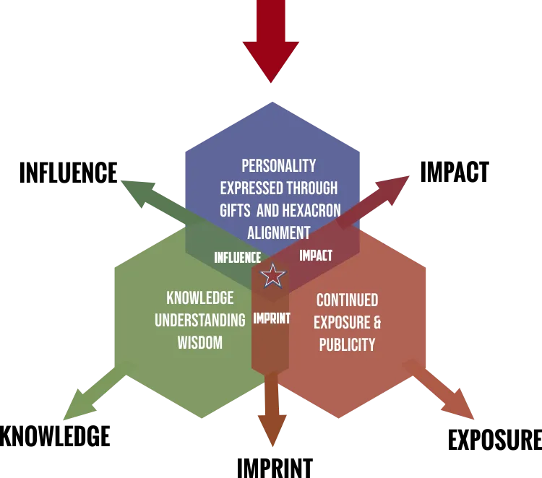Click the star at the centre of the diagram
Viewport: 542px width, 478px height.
(272, 275)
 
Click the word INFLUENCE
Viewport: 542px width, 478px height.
(238, 257)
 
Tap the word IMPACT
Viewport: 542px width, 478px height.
(316, 256)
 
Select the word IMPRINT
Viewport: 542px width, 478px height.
(271, 318)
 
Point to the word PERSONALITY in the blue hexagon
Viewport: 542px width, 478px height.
(278, 166)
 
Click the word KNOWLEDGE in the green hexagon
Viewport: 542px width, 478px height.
(199, 298)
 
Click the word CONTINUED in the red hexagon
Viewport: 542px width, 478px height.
(347, 300)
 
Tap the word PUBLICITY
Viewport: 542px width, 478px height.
(347, 344)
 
